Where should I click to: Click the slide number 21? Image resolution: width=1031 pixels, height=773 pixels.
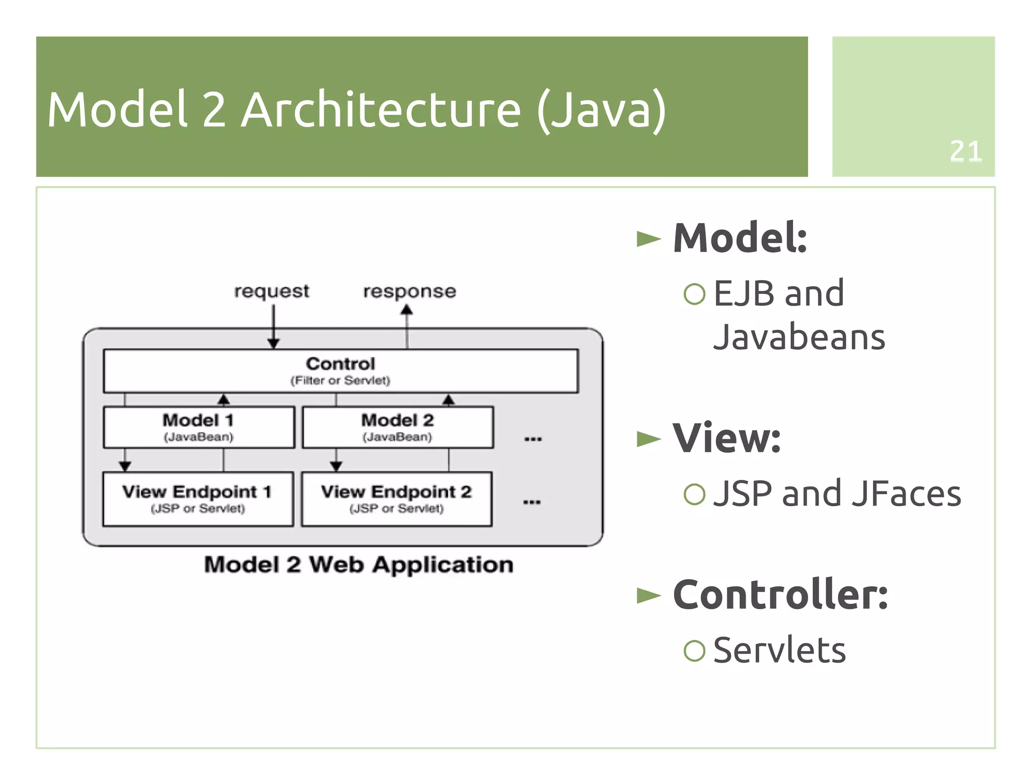point(965,151)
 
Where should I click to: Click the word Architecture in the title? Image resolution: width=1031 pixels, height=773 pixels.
point(381,110)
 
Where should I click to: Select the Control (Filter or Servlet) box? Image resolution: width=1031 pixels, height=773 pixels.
point(340,371)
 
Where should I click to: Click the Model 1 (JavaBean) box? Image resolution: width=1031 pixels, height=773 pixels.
point(198,427)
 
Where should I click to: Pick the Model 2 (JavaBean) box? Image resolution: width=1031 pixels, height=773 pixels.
point(397,427)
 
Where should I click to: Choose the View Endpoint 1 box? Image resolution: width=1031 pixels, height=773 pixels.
point(197,499)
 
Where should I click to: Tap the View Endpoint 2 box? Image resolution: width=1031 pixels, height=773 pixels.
point(396,499)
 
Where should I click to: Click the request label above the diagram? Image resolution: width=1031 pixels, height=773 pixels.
point(271,291)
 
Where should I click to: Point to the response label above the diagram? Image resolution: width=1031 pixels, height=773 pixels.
point(409,291)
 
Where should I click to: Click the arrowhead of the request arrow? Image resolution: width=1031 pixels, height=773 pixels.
point(273,343)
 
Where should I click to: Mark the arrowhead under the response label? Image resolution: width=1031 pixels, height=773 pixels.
point(407,310)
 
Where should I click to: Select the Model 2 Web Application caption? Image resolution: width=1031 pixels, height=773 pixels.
point(358,565)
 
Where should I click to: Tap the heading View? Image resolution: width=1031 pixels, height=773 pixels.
point(726,438)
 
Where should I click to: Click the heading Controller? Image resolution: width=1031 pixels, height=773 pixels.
point(780,595)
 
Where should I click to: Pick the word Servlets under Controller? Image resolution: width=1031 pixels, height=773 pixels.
point(779,650)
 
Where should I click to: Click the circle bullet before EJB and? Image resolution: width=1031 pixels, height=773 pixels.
point(694,294)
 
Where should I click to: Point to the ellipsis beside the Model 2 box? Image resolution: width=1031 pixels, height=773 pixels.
point(533,439)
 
